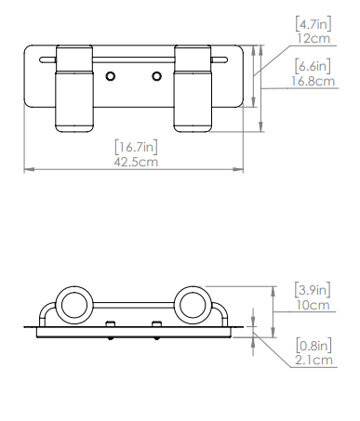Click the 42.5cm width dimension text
(136, 162)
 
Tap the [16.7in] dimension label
(136, 147)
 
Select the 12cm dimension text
(313, 38)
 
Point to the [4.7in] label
(313, 24)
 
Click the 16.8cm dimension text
(313, 81)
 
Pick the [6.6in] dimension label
(313, 66)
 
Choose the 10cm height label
(313, 305)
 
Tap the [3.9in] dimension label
(313, 290)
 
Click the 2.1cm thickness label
(313, 360)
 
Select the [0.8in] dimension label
(313, 345)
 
